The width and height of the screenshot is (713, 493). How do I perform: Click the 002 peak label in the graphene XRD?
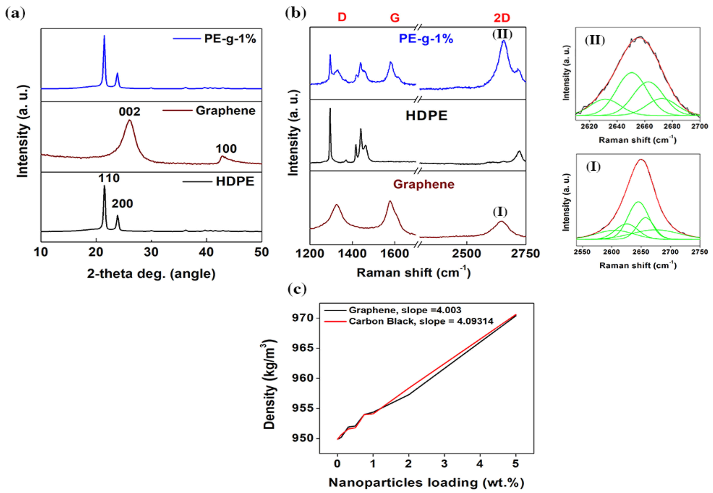[x=129, y=111]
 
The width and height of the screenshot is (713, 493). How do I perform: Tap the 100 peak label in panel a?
[x=226, y=149]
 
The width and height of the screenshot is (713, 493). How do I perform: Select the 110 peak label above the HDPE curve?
[x=109, y=178]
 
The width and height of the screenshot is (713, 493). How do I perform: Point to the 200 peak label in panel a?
[x=122, y=204]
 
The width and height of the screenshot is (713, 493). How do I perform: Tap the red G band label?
[x=395, y=18]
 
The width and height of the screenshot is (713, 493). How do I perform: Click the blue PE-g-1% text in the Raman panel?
[x=426, y=39]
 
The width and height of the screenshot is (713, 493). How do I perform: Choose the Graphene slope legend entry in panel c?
[x=405, y=310]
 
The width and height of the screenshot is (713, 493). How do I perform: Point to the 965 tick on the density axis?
[x=302, y=348]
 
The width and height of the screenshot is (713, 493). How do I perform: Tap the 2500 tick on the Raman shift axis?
[x=466, y=253]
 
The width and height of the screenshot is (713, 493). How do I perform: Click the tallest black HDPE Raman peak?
[x=330, y=109]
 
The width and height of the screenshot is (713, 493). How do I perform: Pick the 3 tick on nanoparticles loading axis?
[x=444, y=463]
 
